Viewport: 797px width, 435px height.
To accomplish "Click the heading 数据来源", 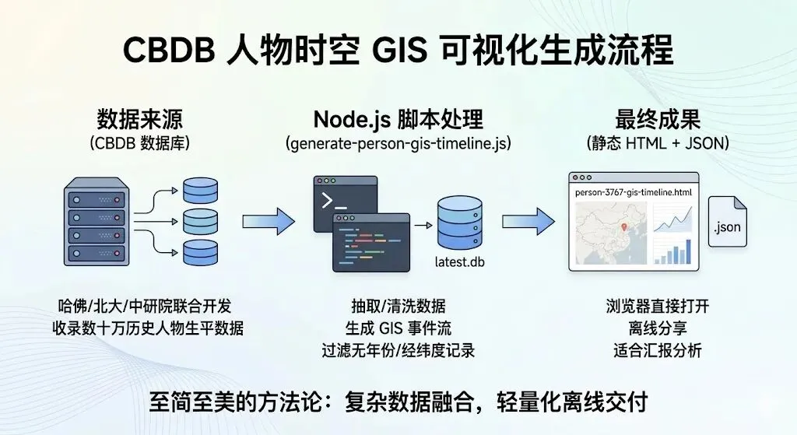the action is (145, 119).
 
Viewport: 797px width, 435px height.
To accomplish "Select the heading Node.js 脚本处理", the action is (398, 119).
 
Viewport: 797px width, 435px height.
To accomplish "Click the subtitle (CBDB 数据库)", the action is (145, 144).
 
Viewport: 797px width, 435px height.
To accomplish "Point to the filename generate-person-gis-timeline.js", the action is (398, 144).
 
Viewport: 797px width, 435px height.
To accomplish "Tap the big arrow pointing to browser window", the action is (528, 222).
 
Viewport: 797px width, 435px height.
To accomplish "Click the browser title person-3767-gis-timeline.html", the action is (631, 191).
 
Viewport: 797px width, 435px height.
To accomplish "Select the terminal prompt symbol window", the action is (344, 201).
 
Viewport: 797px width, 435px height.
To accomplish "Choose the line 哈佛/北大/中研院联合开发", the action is (145, 305).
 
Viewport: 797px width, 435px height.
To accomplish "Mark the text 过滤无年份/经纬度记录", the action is (398, 349).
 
